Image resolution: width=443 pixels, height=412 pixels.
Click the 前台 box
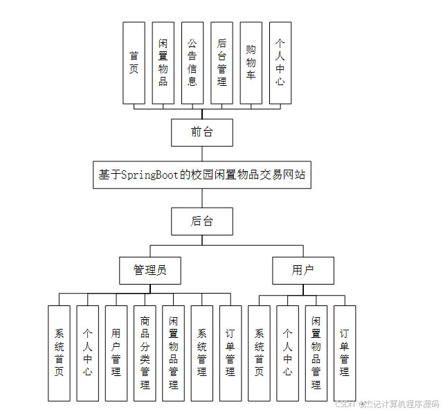[201, 132]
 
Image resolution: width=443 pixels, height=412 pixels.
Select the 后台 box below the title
[201, 222]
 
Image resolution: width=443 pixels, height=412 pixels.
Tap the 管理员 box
[150, 271]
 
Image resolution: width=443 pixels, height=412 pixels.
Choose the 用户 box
[302, 271]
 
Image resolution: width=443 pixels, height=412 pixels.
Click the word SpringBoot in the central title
[150, 175]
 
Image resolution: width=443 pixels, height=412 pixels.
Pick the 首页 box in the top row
[134, 62]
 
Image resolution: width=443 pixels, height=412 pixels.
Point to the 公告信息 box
[192, 62]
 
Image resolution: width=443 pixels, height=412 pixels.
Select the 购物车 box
[251, 62]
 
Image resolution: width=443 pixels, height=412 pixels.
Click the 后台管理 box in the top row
[221, 62]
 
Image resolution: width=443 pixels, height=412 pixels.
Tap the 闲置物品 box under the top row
[163, 62]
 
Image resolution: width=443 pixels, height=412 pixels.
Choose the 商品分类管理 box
[145, 353]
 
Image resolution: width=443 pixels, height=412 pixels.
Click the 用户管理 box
[116, 353]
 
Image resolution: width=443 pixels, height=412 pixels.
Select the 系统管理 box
[201, 353]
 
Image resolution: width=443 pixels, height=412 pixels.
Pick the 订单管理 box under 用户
[345, 353]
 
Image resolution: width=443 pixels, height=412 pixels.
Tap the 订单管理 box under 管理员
[230, 353]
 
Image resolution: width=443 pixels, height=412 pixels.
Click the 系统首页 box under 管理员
[59, 353]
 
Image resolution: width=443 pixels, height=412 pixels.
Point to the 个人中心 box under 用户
[287, 353]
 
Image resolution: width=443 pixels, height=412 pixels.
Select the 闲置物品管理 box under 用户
[316, 353]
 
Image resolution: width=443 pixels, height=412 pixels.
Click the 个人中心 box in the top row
[280, 62]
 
